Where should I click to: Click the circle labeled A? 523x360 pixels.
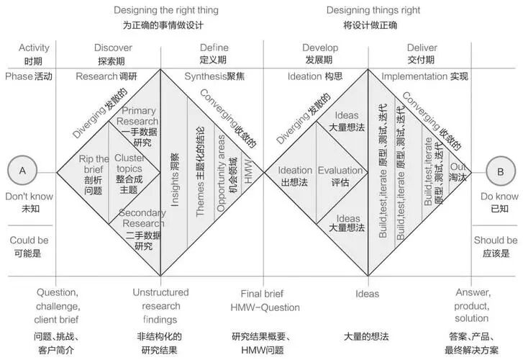pyautogui.click(x=22, y=171)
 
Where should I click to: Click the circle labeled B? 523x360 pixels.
pyautogui.click(x=500, y=171)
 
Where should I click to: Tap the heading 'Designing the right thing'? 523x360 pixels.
pyautogui.click(x=166, y=10)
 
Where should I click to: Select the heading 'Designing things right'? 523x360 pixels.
pyautogui.click(x=373, y=10)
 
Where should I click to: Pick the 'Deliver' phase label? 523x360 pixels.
pyautogui.click(x=422, y=48)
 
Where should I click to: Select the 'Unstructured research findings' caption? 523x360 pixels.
pyautogui.click(x=160, y=305)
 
